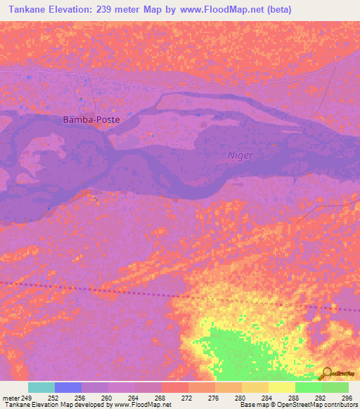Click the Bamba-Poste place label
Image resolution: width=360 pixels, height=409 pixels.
[91, 119]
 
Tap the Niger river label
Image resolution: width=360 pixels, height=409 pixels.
[240, 155]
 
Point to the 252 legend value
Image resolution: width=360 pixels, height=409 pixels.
[53, 398]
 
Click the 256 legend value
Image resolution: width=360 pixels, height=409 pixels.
[80, 398]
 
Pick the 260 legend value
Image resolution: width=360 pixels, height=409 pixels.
[107, 398]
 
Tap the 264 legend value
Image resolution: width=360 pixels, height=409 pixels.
[134, 398]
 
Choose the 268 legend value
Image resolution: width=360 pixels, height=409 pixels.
[160, 398]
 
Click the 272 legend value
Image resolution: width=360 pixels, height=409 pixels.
[187, 398]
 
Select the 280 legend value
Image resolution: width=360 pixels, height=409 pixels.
[240, 398]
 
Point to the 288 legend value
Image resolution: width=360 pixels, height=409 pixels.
[294, 398]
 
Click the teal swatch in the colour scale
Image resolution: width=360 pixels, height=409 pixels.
[41, 387]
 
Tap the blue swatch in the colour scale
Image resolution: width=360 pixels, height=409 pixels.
[68, 387]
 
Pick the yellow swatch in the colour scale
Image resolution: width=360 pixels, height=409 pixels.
[282, 387]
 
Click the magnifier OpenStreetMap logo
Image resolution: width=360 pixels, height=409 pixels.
[327, 372]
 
